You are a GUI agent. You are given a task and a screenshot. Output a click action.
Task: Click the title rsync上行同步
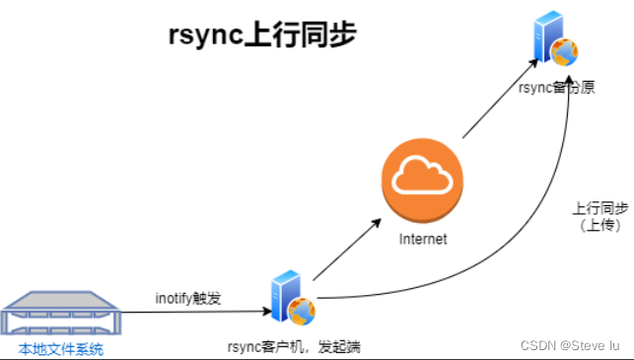pyautogui.click(x=260, y=36)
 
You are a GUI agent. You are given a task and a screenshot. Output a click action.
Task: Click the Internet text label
pyautogui.click(x=422, y=240)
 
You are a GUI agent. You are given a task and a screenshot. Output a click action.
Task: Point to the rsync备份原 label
pyautogui.click(x=556, y=88)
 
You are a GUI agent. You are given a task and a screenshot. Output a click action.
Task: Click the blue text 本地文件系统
pyautogui.click(x=60, y=349)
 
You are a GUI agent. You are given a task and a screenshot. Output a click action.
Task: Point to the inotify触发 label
pyautogui.click(x=188, y=298)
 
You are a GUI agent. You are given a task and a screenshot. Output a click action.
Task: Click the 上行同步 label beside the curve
pyautogui.click(x=599, y=209)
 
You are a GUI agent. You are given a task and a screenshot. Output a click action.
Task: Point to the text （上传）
pyautogui.click(x=599, y=226)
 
